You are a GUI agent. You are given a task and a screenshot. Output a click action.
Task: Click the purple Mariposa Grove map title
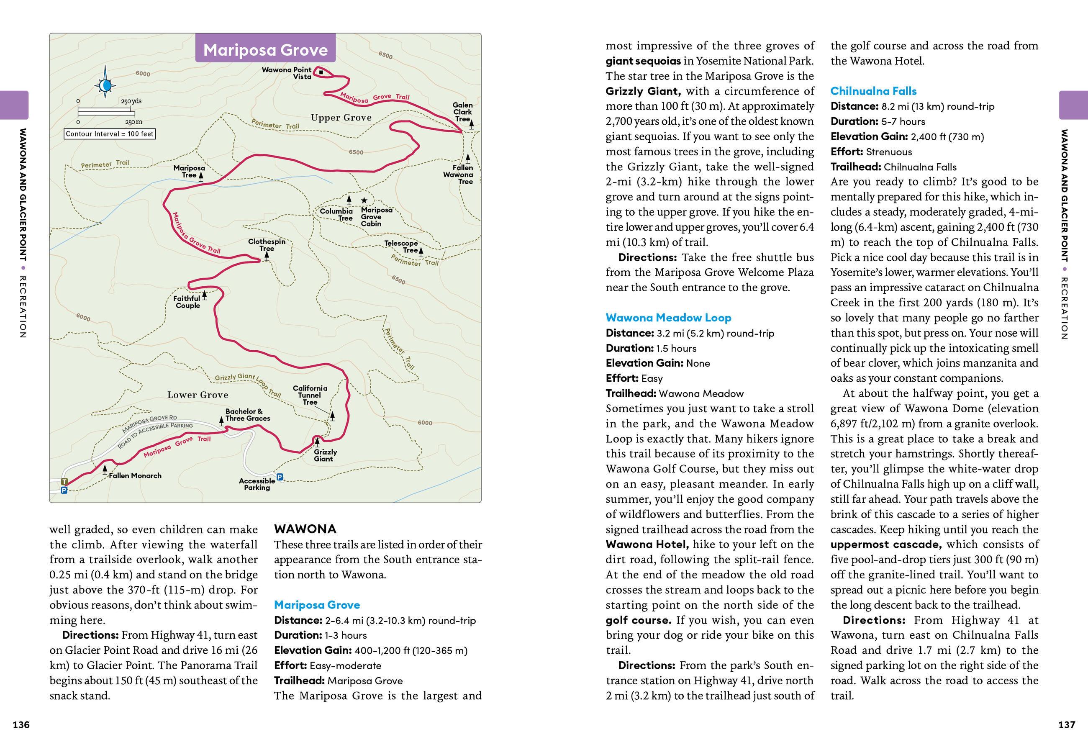coord(265,50)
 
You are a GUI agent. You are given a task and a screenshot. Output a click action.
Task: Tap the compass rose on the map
coord(105,85)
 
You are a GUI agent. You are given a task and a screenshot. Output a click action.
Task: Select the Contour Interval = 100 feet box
coord(110,134)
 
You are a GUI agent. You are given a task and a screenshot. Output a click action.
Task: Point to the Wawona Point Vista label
coord(287,73)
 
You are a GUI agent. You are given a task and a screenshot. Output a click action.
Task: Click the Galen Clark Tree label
coord(462,112)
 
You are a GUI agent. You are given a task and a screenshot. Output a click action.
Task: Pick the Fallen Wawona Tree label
coord(459,174)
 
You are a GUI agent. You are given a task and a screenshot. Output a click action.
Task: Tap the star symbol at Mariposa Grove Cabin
coord(364,200)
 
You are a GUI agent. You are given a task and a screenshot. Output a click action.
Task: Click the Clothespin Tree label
coord(267,245)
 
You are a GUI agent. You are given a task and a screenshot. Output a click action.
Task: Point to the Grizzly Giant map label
coord(325,455)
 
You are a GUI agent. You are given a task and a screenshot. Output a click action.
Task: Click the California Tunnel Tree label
coord(310,395)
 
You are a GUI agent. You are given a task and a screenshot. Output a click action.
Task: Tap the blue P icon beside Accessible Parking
coord(280,477)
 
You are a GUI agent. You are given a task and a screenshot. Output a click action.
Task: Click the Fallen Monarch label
coord(135,476)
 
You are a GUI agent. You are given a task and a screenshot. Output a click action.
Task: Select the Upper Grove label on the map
coord(341,118)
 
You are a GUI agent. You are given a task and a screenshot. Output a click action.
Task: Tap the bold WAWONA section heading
coord(305,529)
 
